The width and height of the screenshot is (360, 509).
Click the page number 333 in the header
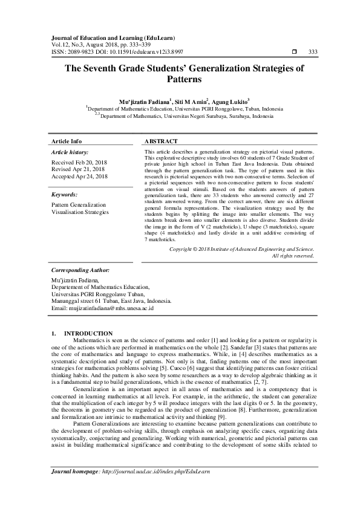pos(313,51)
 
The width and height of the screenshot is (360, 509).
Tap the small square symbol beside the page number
pos(294,51)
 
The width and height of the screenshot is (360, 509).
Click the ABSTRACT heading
pos(161,141)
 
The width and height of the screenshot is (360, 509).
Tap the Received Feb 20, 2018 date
pos(79,163)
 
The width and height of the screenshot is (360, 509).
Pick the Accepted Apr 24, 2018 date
pos(80,177)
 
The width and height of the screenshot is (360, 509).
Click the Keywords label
pos(65,195)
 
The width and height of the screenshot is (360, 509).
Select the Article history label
pos(70,152)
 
